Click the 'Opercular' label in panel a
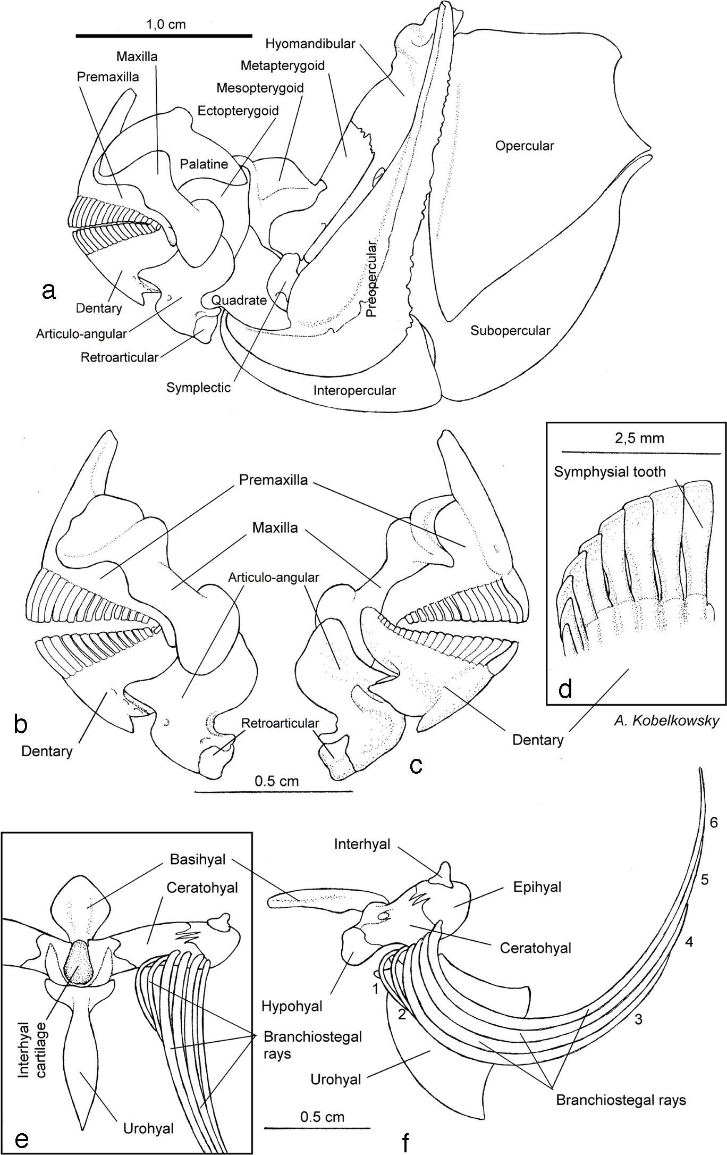pyautogui.click(x=524, y=146)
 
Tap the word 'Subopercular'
pyautogui.click(x=510, y=331)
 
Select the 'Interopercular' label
pyautogui.click(x=354, y=390)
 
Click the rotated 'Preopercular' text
pyautogui.click(x=371, y=279)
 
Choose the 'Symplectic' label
pyautogui.click(x=198, y=387)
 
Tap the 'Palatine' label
pyautogui.click(x=204, y=164)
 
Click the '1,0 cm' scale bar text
pyautogui.click(x=166, y=24)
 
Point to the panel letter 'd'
pyautogui.click(x=565, y=689)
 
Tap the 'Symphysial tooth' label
pyautogui.click(x=610, y=472)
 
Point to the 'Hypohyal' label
pyautogui.click(x=292, y=1006)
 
